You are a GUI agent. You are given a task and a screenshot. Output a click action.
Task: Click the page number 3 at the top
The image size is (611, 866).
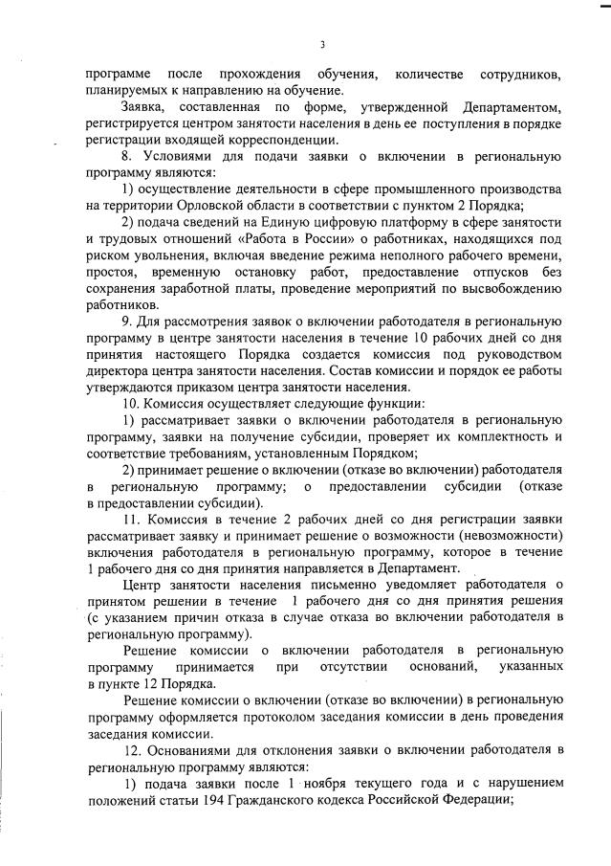point(322,44)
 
